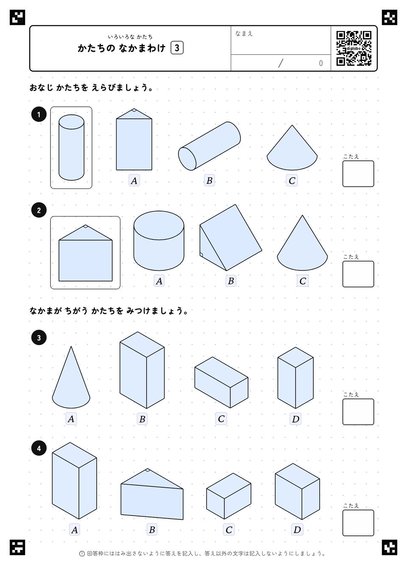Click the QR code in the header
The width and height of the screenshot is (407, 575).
coord(354,48)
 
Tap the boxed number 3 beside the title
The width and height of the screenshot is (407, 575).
coord(177,48)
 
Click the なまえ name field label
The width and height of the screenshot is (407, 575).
coord(244,33)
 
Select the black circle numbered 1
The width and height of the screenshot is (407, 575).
coord(39,114)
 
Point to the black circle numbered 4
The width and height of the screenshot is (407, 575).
coord(39,448)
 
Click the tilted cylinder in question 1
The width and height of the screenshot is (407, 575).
coord(209,146)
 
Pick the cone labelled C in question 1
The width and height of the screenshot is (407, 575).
coord(292,147)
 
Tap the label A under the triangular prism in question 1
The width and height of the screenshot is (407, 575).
coord(134,181)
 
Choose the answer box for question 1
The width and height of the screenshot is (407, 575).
coord(358,174)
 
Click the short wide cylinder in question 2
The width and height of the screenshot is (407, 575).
coord(159,241)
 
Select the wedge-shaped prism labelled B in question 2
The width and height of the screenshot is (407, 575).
coord(231,237)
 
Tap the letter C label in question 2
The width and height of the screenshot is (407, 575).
coord(302,281)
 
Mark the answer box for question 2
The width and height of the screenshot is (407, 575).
coord(358,274)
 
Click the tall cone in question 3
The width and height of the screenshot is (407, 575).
coord(71,377)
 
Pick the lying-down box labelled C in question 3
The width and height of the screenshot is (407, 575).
coord(221,382)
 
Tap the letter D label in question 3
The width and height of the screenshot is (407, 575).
coord(295,419)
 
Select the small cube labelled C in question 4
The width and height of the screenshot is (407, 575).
coord(229,496)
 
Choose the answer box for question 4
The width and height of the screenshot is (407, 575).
coord(358,523)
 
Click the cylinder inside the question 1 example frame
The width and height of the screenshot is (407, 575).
coord(71,147)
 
